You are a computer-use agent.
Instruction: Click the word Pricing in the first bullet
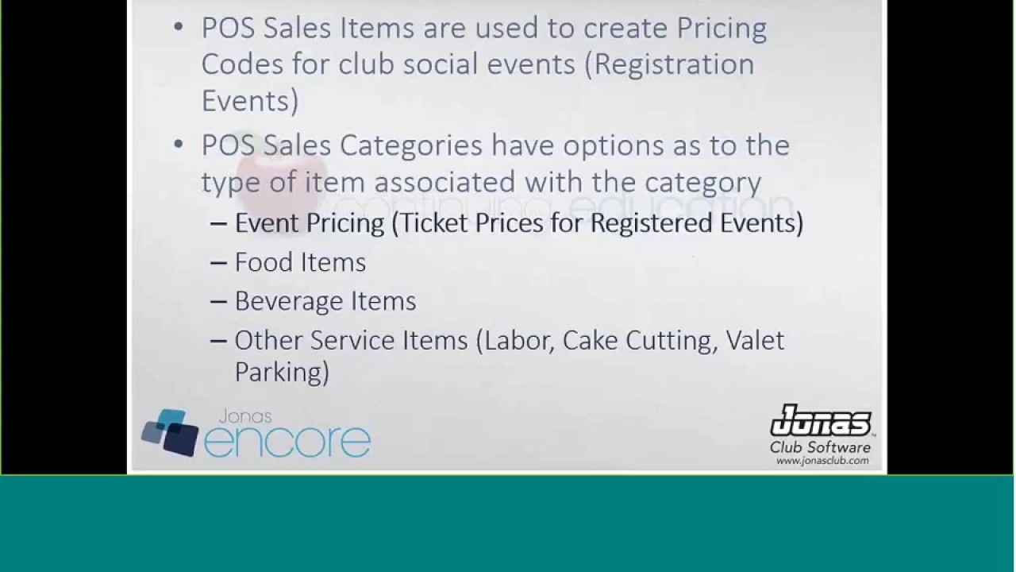tap(721, 29)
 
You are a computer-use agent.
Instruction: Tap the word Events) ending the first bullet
tap(250, 101)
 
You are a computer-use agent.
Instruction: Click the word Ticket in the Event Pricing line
tap(436, 222)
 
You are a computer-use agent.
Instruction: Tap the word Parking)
tap(282, 372)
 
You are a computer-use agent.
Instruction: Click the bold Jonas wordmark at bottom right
tap(821, 422)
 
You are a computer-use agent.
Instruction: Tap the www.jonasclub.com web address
tap(822, 461)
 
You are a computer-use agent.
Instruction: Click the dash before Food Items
tap(219, 262)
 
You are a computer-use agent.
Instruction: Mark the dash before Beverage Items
tap(219, 301)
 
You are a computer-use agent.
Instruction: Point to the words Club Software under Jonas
tap(820, 447)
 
